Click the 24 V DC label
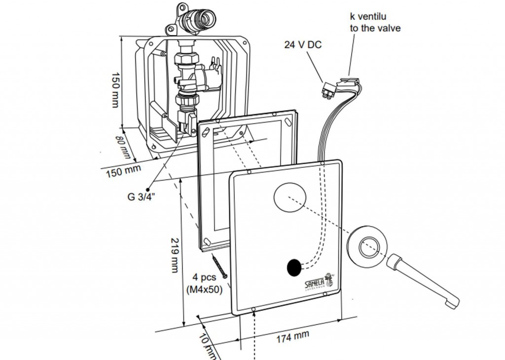point(303,44)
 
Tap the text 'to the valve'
point(375,28)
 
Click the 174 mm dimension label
point(292,338)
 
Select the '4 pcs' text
point(205,278)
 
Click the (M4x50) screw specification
point(205,289)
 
